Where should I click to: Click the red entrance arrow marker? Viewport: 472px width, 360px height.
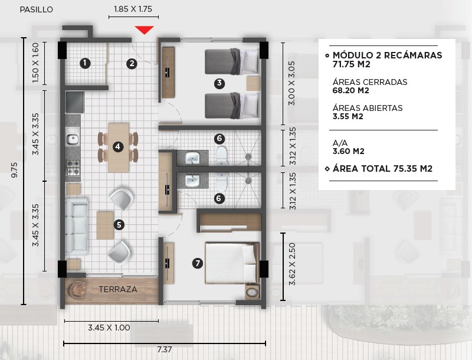(x=144, y=30)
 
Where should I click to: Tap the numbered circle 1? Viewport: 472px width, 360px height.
(x=85, y=64)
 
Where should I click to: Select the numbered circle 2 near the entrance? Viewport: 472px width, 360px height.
(x=132, y=64)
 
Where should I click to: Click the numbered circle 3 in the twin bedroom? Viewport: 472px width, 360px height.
(x=219, y=83)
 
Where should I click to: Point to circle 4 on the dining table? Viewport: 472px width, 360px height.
(x=117, y=147)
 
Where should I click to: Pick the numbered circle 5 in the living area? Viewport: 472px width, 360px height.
(x=119, y=225)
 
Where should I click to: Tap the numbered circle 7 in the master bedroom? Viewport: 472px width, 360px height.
(x=198, y=263)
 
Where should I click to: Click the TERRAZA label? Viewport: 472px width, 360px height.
(x=118, y=289)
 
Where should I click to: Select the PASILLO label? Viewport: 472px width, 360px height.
(x=37, y=9)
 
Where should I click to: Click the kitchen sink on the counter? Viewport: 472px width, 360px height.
(x=73, y=139)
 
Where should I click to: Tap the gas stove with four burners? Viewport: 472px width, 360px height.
(x=73, y=168)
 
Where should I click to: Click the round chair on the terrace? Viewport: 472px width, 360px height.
(x=77, y=290)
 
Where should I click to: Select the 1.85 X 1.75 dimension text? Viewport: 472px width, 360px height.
(x=133, y=9)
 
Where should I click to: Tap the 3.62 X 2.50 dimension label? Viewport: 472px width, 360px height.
(x=292, y=264)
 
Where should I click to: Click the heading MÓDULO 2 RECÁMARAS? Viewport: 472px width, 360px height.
(x=388, y=55)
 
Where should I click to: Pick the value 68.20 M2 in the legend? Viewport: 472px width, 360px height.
(x=350, y=91)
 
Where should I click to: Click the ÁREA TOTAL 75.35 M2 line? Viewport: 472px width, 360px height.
(x=382, y=169)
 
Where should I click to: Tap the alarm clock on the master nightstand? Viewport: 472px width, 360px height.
(x=253, y=292)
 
